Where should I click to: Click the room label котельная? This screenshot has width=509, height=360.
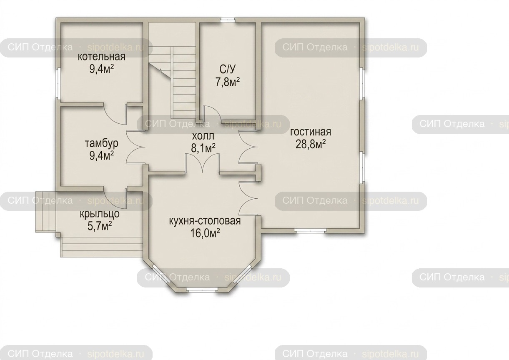coord(102,57)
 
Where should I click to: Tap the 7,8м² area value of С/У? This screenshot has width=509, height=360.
coord(228,82)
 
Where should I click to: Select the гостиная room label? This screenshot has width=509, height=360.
coord(311,132)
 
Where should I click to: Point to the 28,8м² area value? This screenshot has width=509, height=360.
coord(311,144)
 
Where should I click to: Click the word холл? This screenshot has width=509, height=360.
coord(203,136)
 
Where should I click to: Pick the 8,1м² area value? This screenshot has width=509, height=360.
coord(203,148)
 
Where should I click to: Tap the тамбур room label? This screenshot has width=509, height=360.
coord(102,144)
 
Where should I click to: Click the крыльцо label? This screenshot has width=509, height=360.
coord(100,214)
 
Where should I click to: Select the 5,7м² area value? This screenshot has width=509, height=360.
coord(100,226)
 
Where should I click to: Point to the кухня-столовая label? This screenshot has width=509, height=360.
coord(205,221)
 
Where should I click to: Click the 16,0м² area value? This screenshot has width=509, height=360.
coord(205,233)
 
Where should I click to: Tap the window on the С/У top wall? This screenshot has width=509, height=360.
coord(228,20)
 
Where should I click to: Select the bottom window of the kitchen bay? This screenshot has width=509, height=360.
coord(202,290)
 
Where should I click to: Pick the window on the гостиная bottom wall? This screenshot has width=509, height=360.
coord(311,230)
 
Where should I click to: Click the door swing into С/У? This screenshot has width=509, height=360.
coord(212,113)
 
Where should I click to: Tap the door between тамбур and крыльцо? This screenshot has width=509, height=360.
coord(115,197)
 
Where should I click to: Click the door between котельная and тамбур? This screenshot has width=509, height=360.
coord(115,114)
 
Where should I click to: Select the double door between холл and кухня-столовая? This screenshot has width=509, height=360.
coord(203,163)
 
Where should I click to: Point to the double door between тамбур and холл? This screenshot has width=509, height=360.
coord(135,147)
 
